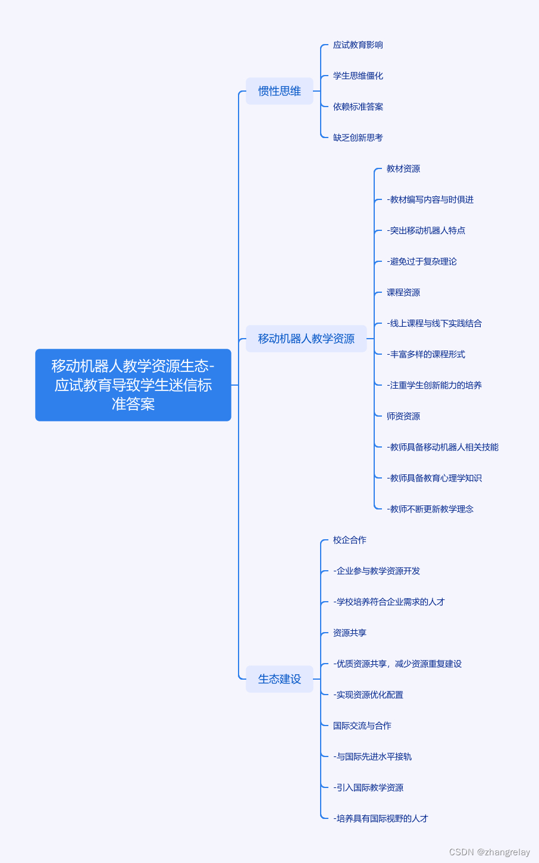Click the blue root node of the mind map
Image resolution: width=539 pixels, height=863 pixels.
click(x=133, y=385)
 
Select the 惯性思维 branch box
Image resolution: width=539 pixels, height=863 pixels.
click(x=280, y=91)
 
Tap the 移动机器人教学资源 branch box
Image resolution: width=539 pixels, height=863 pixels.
click(x=306, y=339)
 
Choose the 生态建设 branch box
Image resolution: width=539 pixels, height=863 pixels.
click(x=280, y=679)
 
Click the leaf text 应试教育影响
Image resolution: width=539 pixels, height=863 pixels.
click(x=358, y=45)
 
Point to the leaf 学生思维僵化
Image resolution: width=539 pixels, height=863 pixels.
click(x=358, y=76)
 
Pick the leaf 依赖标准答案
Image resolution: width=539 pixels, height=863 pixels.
click(x=358, y=107)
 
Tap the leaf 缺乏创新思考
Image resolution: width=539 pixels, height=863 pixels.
click(x=358, y=138)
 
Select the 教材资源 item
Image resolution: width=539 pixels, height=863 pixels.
click(x=403, y=169)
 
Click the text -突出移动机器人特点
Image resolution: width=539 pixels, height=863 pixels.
click(x=426, y=231)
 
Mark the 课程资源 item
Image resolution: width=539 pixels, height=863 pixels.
click(x=403, y=293)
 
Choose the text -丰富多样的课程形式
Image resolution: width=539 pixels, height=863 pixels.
click(x=426, y=355)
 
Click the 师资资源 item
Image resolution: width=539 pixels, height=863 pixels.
click(x=403, y=417)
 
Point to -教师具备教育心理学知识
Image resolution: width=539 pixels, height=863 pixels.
click(x=434, y=479)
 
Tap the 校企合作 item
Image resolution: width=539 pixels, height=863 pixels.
click(x=350, y=540)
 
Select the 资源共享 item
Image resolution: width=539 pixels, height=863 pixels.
click(x=350, y=633)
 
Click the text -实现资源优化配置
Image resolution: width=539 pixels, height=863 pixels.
click(x=368, y=695)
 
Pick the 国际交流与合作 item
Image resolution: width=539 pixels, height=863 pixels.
click(x=362, y=726)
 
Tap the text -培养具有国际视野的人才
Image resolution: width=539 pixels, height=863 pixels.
click(x=381, y=819)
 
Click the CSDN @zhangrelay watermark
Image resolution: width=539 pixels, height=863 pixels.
click(x=489, y=852)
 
